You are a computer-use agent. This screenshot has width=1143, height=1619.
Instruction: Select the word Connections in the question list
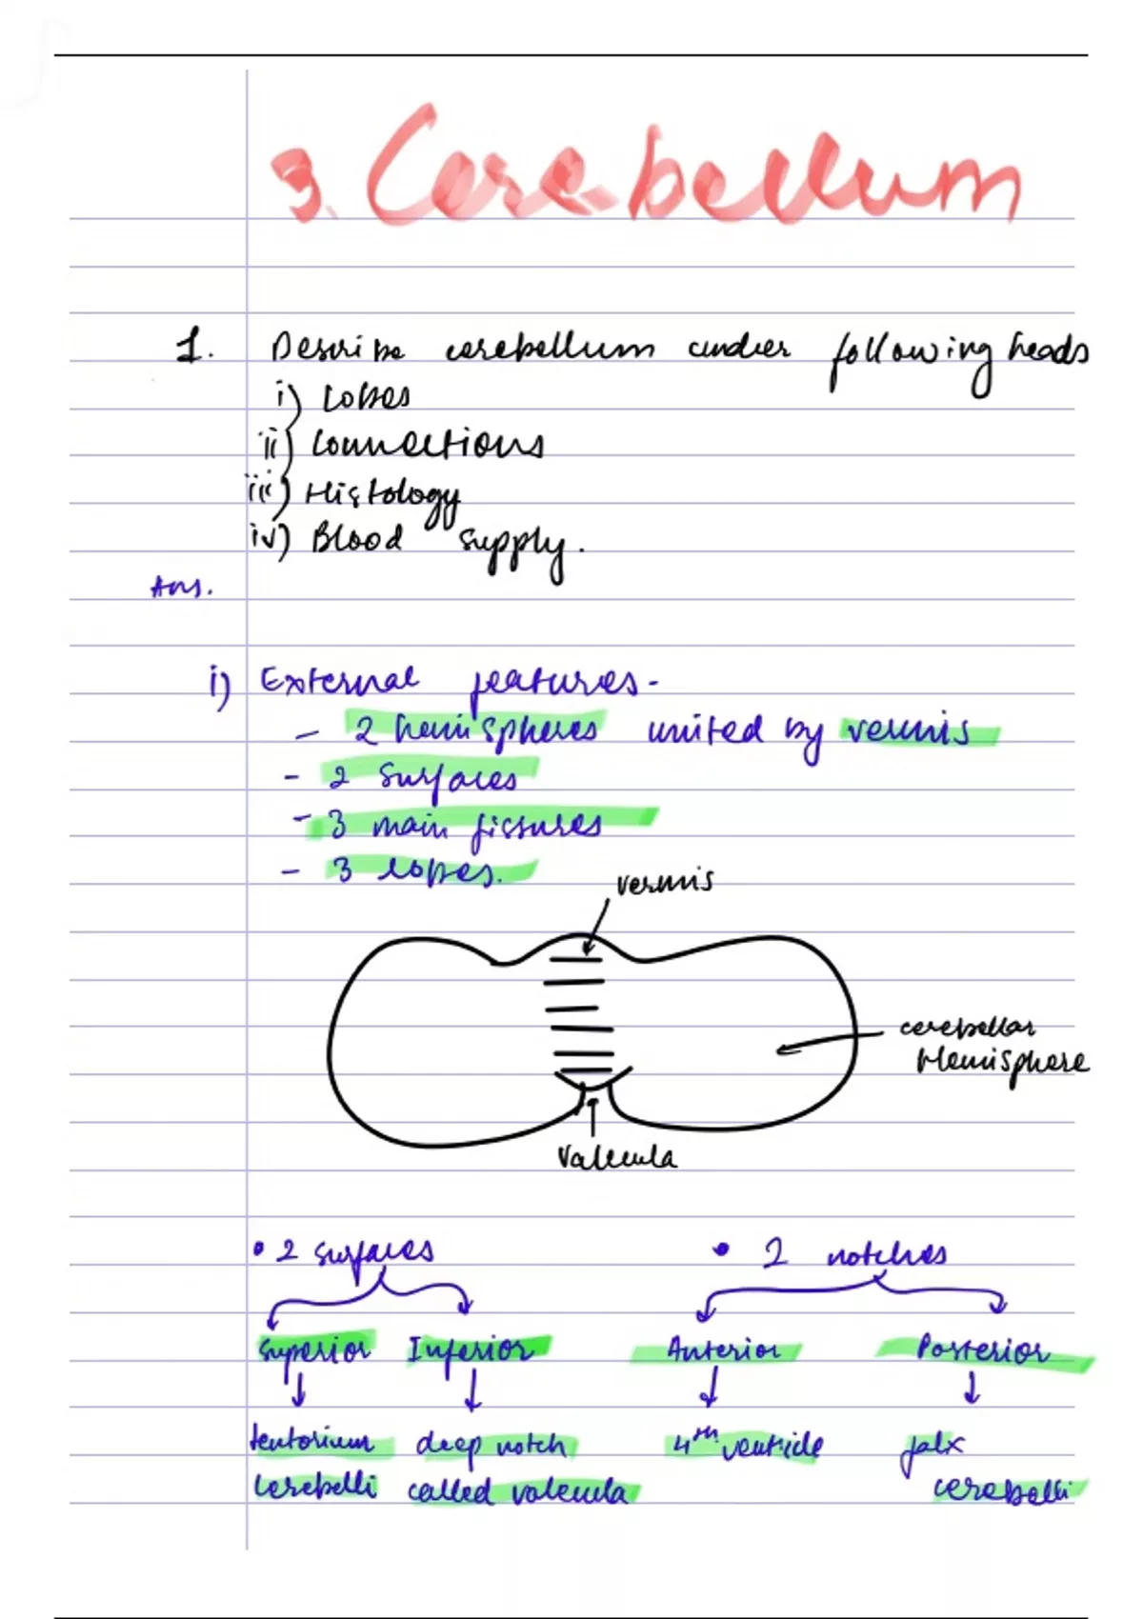428,445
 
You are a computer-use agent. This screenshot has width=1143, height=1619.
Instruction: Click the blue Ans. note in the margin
181,588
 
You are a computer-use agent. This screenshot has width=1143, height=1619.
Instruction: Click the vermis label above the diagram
664,883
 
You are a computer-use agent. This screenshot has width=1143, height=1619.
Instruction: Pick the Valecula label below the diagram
616,1158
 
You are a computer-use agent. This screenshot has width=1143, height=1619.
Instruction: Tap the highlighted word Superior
313,1349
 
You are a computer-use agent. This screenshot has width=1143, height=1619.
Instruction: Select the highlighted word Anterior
722,1350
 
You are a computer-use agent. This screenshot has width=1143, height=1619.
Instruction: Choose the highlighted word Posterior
981,1349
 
